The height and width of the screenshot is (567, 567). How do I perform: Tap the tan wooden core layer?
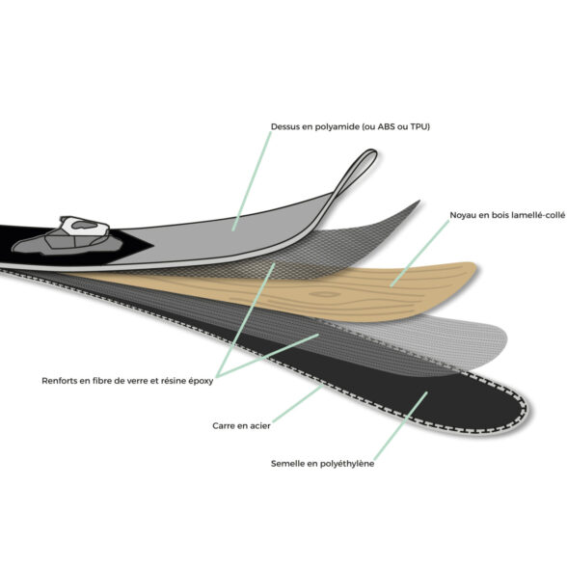pos(326,293)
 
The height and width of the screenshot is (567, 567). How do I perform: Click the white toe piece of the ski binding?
pos(85,226)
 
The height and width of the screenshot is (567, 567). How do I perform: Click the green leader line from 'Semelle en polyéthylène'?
pos(401,426)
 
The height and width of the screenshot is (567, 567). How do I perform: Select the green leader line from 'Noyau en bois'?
pos(419,254)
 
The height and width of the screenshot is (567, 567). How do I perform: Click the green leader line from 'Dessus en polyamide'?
pos(252,181)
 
